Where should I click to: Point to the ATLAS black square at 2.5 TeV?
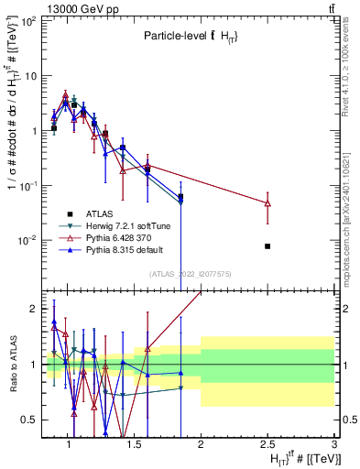(267, 246)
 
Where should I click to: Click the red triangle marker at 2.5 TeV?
(267, 202)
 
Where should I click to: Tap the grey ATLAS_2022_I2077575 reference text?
(189, 274)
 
